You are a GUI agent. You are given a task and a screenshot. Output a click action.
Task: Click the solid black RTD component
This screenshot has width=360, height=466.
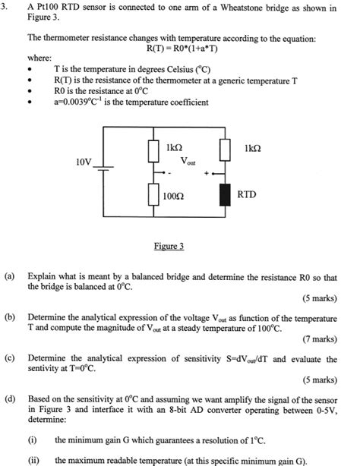pos(224,194)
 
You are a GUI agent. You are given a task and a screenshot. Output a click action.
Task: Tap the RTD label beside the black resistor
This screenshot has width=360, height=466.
pos(247,194)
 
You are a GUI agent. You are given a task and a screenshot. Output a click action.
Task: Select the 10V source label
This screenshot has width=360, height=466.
pos(84,162)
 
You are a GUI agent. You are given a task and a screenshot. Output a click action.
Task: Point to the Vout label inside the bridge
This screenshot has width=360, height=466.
pos(188,161)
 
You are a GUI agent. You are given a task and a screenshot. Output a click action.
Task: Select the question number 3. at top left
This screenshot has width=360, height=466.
pos(7,8)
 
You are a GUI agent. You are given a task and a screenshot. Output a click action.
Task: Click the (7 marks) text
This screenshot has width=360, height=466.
pos(318,338)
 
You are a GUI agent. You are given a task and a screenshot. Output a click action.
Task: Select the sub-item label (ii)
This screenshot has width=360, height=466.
pos(33,460)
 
